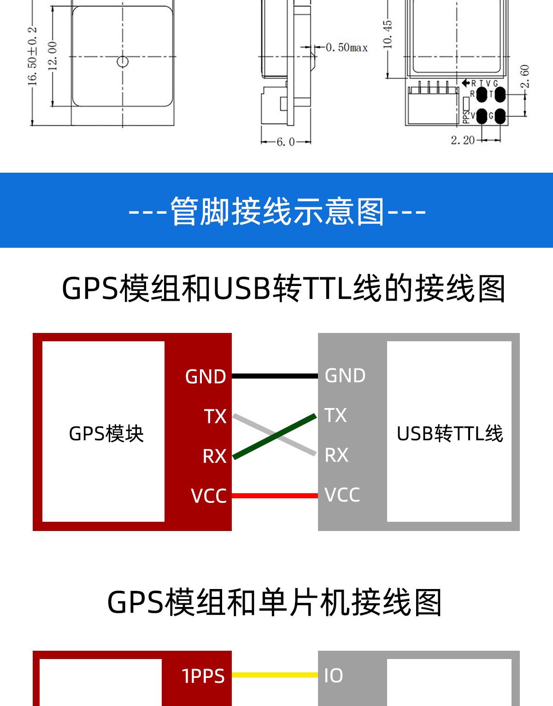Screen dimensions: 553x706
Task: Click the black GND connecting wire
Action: [275, 376]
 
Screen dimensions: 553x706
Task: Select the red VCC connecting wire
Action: [275, 496]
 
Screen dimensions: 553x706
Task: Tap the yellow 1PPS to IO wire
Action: [275, 675]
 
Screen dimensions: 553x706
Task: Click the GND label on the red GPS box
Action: [206, 377]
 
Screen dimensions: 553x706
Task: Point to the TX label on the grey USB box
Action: [335, 415]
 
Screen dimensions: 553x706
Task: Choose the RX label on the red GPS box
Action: [214, 456]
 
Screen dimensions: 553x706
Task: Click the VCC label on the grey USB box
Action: [342, 495]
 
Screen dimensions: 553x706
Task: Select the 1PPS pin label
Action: [203, 676]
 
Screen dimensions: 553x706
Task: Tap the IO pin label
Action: [333, 676]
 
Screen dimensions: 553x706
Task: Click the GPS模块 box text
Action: [106, 433]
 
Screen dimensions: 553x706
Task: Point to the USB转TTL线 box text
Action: [449, 433]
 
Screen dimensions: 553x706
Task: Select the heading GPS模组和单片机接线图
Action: [275, 602]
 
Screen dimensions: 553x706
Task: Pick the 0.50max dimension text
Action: [347, 47]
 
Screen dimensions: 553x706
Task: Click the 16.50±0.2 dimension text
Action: [32, 56]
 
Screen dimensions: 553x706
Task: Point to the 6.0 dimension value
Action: [285, 142]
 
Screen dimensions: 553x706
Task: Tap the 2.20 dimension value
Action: [462, 140]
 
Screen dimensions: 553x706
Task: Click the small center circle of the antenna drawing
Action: [123, 61]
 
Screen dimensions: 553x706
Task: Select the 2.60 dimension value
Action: [524, 76]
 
